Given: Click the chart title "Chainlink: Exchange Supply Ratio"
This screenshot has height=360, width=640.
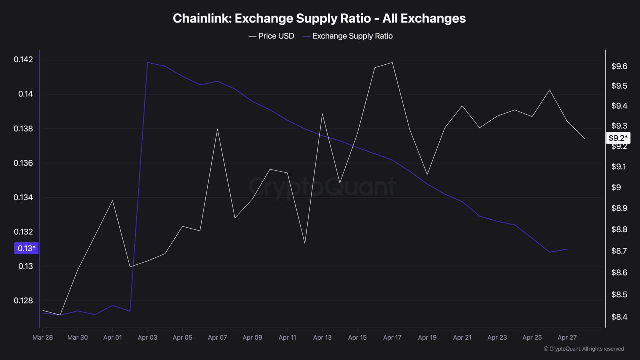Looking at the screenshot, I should point(319,18).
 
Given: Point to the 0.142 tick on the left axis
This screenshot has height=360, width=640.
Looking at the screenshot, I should point(23,60).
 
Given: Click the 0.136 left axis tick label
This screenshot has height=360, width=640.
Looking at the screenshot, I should point(23,163).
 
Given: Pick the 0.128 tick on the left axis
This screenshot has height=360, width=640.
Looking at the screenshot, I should point(23,301).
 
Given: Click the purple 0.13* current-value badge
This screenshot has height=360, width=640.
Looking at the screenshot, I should point(26,248).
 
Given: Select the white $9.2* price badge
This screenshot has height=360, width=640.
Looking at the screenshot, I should point(618,138).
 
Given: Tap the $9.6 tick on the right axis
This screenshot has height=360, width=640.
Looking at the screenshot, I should point(619,67).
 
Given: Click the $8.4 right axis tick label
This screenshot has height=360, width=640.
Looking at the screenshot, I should point(619,317).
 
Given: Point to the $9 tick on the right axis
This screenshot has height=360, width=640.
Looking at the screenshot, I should point(616,187).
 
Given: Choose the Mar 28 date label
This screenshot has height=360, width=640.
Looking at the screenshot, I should point(43,337).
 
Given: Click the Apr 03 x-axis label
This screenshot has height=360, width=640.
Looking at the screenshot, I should point(147,337).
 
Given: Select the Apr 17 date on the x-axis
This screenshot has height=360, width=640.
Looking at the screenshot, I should point(392,337).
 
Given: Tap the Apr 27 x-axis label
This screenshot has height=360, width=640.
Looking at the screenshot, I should point(567,337).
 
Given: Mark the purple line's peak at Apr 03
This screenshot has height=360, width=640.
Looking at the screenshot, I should point(147,62).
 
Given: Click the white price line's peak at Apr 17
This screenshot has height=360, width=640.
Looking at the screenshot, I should point(392,62).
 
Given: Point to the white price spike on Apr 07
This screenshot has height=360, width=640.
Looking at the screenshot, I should point(217,129).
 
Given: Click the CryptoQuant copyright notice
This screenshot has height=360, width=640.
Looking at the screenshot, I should point(583,349).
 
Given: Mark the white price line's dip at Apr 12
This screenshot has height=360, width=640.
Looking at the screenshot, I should point(305,243).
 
